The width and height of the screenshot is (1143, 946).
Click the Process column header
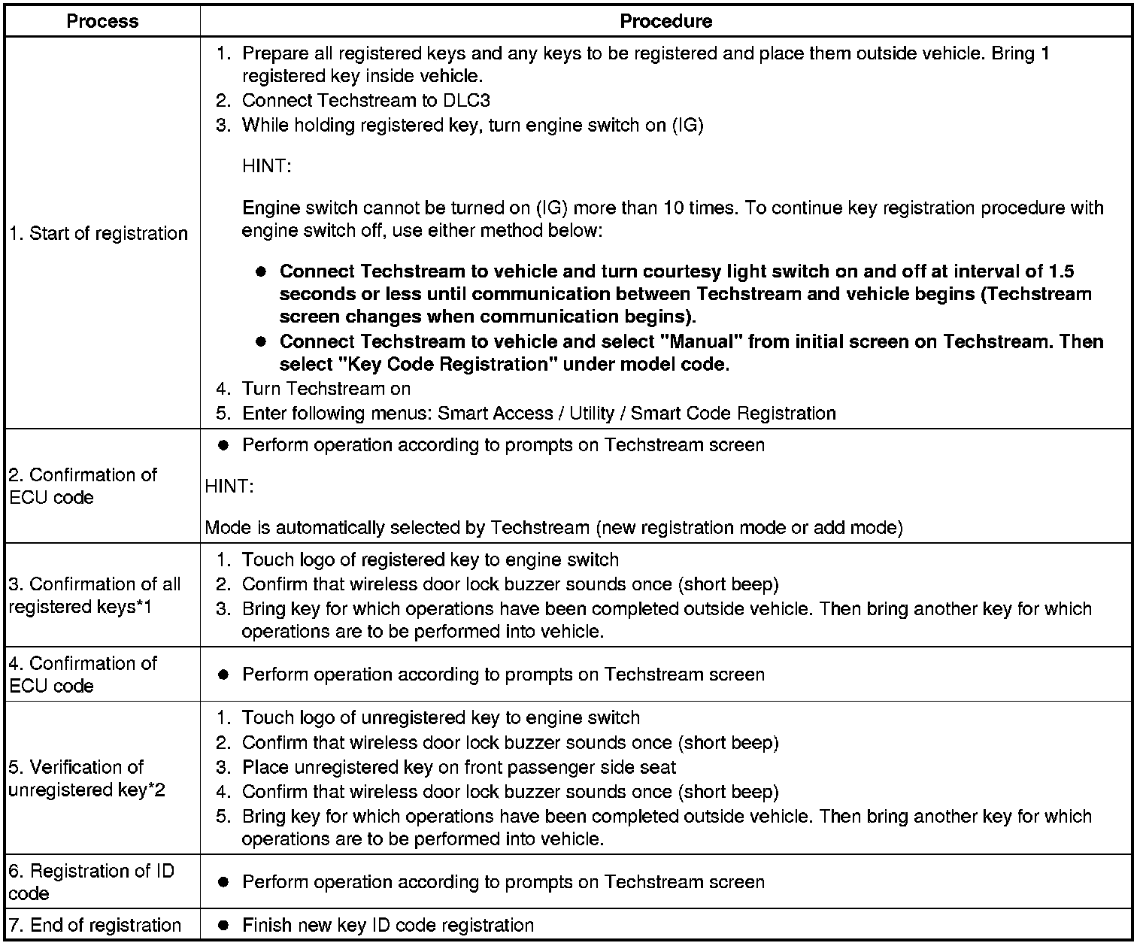pos(102,21)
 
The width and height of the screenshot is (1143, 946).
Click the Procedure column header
pos(665,21)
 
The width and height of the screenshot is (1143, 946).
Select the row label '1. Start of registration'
pos(99,234)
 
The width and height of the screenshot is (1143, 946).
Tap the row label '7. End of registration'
pos(96,926)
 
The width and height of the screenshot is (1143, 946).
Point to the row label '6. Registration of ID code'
pos(91,882)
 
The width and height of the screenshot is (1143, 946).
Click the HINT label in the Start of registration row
pos(266,166)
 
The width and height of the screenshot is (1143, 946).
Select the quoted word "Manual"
pos(702,341)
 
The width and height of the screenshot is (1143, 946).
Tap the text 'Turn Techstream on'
pos(326,389)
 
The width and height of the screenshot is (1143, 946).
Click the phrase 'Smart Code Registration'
pos(733,414)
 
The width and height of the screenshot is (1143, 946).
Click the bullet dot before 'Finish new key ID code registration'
pos(223,926)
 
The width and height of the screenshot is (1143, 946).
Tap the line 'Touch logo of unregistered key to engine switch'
pos(441,718)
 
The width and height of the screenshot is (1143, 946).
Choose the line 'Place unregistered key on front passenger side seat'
pos(459,768)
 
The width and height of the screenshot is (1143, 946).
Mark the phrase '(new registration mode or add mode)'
pos(749,528)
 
